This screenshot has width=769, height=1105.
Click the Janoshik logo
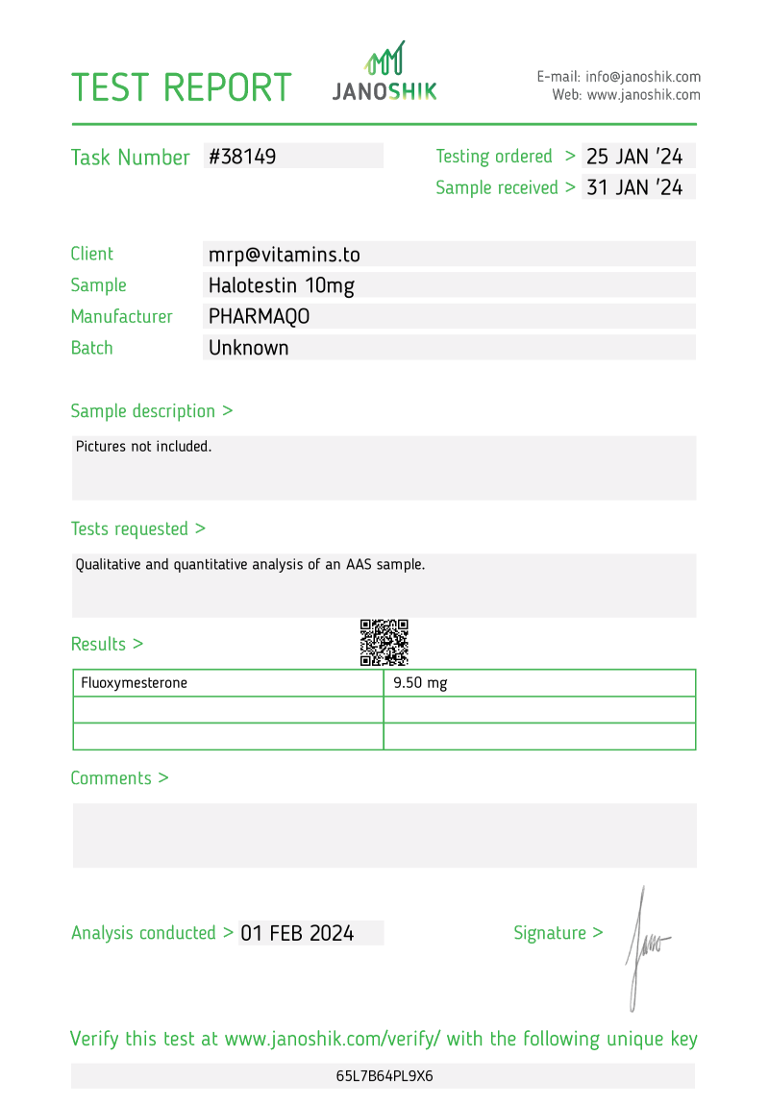(384, 72)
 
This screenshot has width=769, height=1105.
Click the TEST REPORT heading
(182, 87)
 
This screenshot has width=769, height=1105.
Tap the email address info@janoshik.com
(643, 77)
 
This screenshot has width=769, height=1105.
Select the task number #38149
(242, 157)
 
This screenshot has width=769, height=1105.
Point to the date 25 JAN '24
(634, 157)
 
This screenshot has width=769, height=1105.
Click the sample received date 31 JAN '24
(634, 187)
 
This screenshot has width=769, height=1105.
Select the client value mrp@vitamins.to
(285, 255)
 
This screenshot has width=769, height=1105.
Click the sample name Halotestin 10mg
(282, 285)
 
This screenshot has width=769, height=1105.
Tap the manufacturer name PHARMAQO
(260, 317)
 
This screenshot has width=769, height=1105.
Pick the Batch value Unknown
(249, 348)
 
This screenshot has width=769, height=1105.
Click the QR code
(384, 643)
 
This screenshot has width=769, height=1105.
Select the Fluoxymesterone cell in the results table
(135, 683)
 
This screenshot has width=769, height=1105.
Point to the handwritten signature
(645, 946)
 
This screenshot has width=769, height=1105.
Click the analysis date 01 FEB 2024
(297, 933)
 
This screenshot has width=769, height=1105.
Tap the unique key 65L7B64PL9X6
(384, 1076)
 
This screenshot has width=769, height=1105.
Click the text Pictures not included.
(143, 446)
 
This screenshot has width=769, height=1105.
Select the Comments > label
(119, 778)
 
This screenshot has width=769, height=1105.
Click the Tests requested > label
(137, 528)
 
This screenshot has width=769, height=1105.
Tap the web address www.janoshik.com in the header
(643, 95)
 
